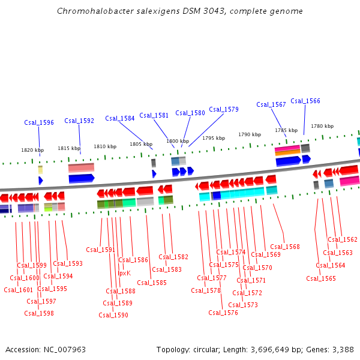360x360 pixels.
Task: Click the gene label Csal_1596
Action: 39,122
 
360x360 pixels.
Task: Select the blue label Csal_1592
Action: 79,121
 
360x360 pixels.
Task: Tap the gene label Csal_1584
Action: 120,118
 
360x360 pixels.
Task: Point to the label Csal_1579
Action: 224,109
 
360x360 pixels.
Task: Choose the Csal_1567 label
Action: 271,104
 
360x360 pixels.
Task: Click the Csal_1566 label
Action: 305,101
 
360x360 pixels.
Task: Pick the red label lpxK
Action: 124,273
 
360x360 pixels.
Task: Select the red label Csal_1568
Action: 284,247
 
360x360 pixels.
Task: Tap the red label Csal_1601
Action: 19,290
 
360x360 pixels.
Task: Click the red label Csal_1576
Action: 223,313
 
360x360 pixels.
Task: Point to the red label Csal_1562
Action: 343,239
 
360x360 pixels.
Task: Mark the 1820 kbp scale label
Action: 32,150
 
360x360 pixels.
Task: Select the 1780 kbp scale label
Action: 322,126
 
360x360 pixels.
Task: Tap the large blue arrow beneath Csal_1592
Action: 82,178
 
